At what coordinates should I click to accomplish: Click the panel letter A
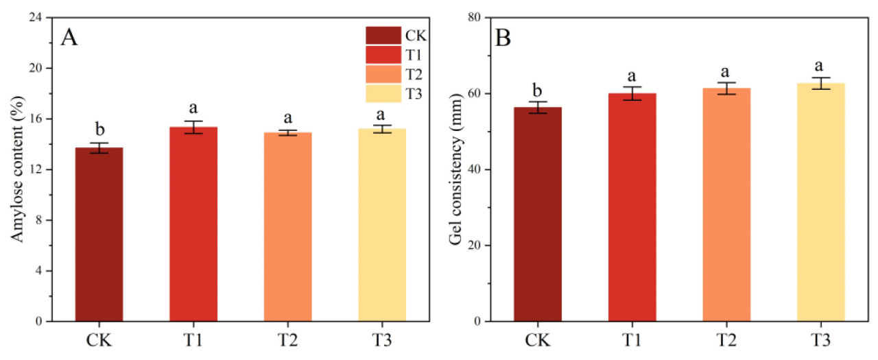[69, 37]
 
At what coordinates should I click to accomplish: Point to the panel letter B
[503, 37]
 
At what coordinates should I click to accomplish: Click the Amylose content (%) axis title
[16, 169]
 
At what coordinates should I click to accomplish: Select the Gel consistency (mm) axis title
[454, 169]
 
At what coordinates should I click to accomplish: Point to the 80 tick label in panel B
[473, 18]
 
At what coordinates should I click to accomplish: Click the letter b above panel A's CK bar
[99, 129]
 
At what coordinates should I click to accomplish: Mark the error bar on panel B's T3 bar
[820, 84]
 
